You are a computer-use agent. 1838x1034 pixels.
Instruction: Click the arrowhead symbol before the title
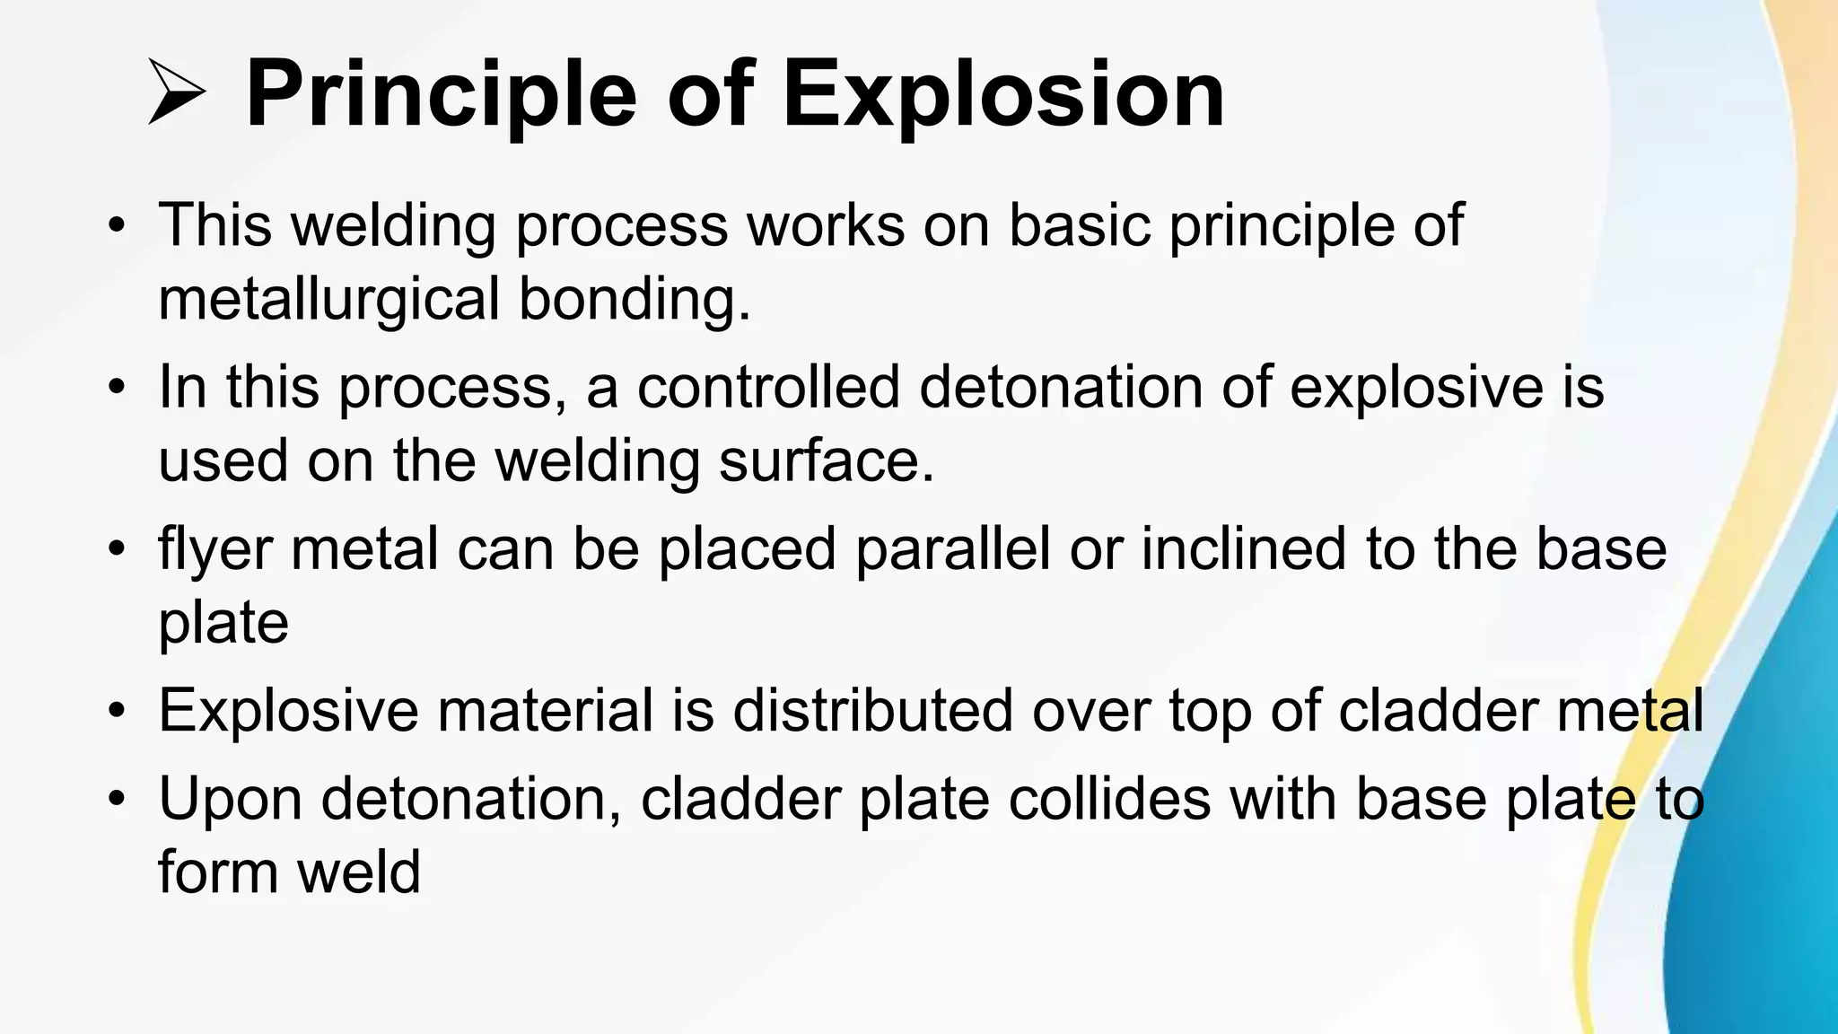177,92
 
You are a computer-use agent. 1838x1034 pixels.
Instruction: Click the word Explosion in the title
1002,94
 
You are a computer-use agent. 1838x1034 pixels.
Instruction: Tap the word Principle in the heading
441,94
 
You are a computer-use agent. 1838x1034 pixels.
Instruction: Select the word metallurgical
328,299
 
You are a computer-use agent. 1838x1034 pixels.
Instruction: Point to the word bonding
634,299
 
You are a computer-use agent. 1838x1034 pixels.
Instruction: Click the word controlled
768,387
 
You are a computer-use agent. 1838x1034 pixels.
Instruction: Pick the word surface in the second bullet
826,460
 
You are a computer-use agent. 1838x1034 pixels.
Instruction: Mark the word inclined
1243,549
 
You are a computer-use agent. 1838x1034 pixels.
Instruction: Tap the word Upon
231,798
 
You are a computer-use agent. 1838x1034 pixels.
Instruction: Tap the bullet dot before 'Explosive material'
115,710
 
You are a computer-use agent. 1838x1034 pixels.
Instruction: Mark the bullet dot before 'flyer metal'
115,549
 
